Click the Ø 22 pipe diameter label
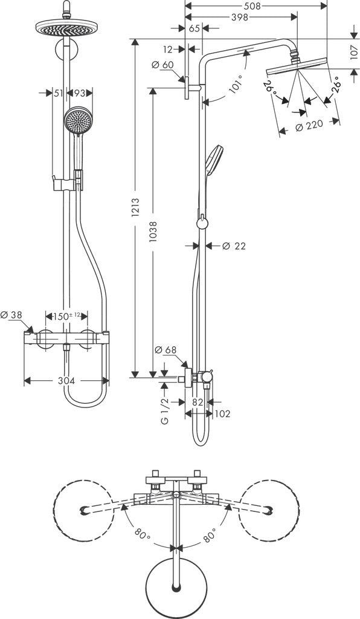pyautogui.click(x=234, y=245)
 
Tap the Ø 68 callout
pyautogui.click(x=166, y=349)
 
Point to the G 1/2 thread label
pyautogui.click(x=165, y=411)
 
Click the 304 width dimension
pyautogui.click(x=66, y=381)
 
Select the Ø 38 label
pyautogui.click(x=12, y=315)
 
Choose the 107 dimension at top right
pyautogui.click(x=353, y=53)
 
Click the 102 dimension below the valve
pyautogui.click(x=222, y=413)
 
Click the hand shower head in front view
pyautogui.click(x=77, y=120)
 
